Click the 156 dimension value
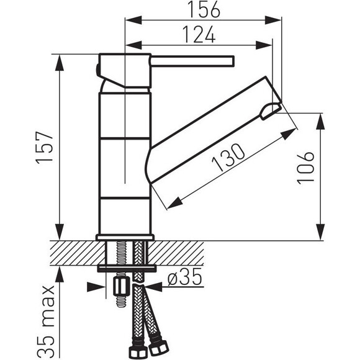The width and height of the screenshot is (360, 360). coord(204,10)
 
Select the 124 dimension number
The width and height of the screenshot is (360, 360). coord(199,34)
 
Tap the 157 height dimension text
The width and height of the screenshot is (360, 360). coord(45,148)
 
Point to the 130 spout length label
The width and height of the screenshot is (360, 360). coord(228,157)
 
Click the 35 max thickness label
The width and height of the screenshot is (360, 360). coord(46,322)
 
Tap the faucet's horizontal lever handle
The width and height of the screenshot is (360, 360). coord(192,61)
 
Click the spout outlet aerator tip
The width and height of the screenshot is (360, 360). coord(271,111)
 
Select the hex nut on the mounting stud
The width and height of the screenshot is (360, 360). coord(120,287)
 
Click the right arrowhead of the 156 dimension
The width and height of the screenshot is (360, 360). coord(273,20)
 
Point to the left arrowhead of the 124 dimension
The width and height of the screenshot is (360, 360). coord(133,45)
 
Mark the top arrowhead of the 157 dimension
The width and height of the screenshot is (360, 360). coord(60,63)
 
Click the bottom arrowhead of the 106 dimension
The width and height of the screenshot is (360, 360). coord(320,232)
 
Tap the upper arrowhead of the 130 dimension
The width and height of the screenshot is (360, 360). coord(289,133)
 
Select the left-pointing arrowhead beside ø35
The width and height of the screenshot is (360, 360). coord(153,287)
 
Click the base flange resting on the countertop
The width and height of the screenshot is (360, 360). coord(125,237)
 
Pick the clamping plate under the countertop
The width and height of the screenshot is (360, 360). coord(127,268)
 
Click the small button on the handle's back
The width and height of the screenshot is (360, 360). coord(97,69)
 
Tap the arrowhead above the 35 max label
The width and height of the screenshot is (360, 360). coord(60,275)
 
